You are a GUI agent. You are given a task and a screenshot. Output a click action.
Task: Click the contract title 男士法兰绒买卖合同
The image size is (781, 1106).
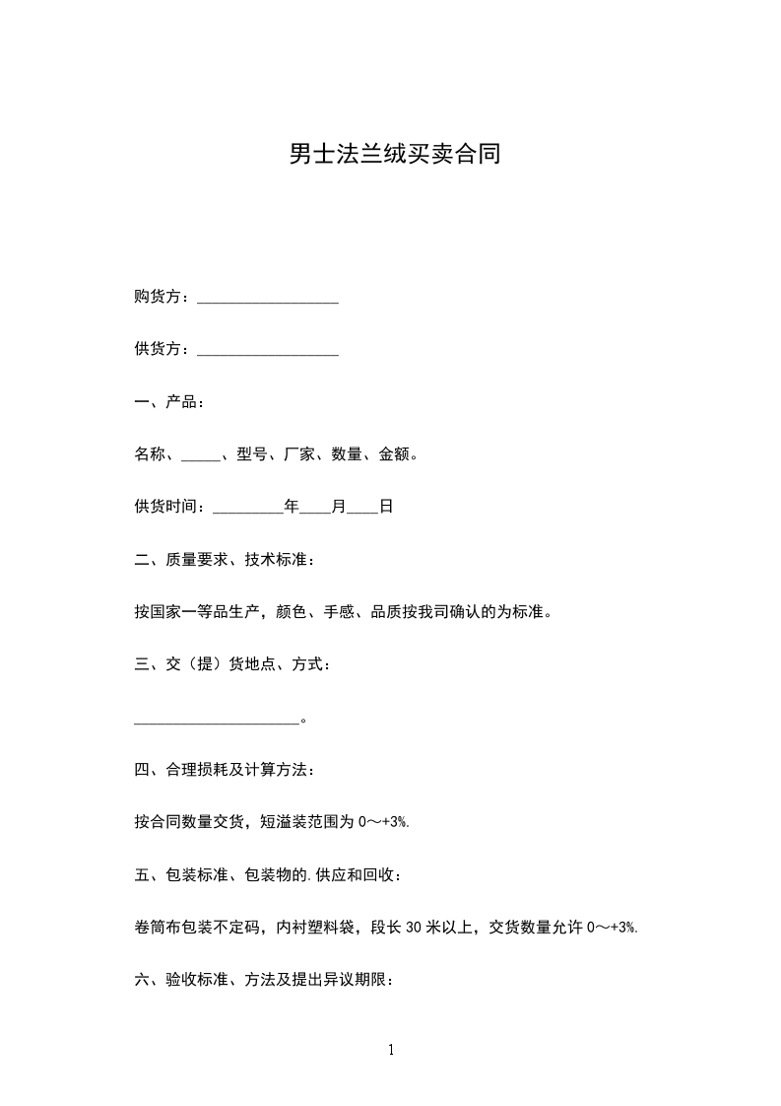(394, 155)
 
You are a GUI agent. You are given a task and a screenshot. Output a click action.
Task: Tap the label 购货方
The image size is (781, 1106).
(160, 298)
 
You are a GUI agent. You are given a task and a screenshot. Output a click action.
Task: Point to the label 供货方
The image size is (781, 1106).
(160, 350)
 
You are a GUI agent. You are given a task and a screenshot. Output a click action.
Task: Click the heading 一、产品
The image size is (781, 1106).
(168, 402)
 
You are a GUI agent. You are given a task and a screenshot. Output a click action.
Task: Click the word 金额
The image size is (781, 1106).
(394, 454)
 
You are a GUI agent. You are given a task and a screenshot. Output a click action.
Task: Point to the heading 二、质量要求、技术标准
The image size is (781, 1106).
(226, 560)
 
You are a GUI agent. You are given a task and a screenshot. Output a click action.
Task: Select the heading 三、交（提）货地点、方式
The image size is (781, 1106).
(232, 665)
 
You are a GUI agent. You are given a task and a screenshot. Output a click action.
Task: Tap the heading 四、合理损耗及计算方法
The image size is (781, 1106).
(225, 770)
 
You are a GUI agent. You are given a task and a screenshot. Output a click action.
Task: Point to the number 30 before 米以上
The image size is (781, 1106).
(415, 928)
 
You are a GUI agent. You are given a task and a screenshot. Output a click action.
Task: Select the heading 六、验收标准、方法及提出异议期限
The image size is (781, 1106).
(264, 980)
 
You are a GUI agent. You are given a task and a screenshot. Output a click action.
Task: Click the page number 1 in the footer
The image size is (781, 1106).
(391, 1050)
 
